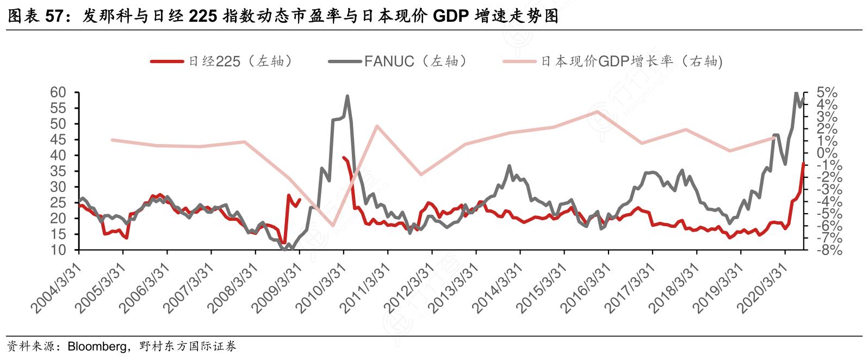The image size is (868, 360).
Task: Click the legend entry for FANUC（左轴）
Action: coord(399,61)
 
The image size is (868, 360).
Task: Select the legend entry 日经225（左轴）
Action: coord(223,61)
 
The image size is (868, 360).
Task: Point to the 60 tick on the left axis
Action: coord(58,92)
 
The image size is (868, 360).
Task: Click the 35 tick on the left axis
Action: coord(58,171)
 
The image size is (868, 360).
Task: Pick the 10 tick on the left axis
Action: coord(58,250)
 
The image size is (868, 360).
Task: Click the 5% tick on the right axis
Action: coord(827,92)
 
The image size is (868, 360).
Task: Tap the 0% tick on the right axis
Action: coord(827,153)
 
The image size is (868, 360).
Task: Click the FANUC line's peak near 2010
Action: coord(348,96)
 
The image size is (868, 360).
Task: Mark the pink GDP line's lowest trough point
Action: coord(333,225)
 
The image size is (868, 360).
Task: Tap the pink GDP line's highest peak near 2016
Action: coord(597,111)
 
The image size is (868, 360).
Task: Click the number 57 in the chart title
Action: coord(54,16)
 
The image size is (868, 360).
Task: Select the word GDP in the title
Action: coord(450,16)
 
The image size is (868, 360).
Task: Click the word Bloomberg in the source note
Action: coord(97,346)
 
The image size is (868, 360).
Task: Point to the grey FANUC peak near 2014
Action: coord(510,166)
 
